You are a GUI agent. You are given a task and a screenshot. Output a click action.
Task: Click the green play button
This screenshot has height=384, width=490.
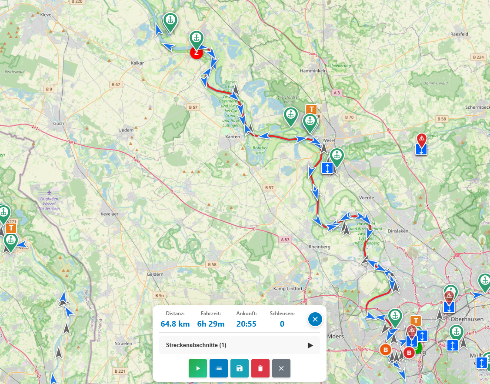tap(198, 368)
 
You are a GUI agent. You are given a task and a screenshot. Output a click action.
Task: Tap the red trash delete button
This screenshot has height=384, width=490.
tap(260, 368)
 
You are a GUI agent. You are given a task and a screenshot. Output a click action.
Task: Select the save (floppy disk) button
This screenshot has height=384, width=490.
tap(239, 368)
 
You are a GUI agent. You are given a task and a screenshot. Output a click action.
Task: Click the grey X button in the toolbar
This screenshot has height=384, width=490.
tap(281, 368)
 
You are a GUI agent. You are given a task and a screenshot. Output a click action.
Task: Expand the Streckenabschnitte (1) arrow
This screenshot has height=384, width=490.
tap(310, 345)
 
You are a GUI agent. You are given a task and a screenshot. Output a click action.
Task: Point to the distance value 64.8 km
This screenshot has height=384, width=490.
tap(175, 324)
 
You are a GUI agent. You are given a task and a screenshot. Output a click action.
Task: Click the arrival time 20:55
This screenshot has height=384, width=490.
tap(247, 324)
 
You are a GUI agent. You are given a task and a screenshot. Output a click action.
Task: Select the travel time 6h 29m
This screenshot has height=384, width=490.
tap(211, 324)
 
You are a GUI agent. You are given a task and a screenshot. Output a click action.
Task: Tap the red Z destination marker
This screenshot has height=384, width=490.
tap(197, 53)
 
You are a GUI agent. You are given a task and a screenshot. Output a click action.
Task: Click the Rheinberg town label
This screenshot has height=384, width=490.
tap(320, 247)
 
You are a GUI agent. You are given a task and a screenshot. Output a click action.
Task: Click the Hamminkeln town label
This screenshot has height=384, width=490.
tap(313, 70)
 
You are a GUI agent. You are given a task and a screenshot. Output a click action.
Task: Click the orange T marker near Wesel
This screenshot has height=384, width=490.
tap(311, 109)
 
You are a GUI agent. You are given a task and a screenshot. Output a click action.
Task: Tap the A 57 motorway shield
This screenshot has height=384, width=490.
tap(285, 239)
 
